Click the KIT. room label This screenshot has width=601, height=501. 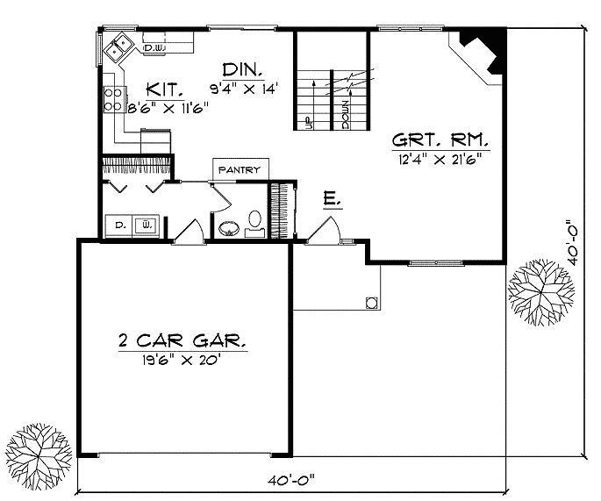(165, 89)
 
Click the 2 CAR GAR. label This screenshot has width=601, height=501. (182, 340)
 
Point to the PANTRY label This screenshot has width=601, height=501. (240, 169)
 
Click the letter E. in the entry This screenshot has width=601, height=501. (332, 201)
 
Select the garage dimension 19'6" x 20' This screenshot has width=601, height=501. (182, 359)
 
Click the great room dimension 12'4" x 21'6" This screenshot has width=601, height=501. (440, 156)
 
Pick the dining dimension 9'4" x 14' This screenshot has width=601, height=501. (242, 89)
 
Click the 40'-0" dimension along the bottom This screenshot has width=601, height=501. (293, 479)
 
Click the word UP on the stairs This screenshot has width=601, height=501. (307, 122)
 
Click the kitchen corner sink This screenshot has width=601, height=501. (118, 48)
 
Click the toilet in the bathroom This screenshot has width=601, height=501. (254, 220)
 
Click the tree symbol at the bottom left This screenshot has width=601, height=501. (34, 454)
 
